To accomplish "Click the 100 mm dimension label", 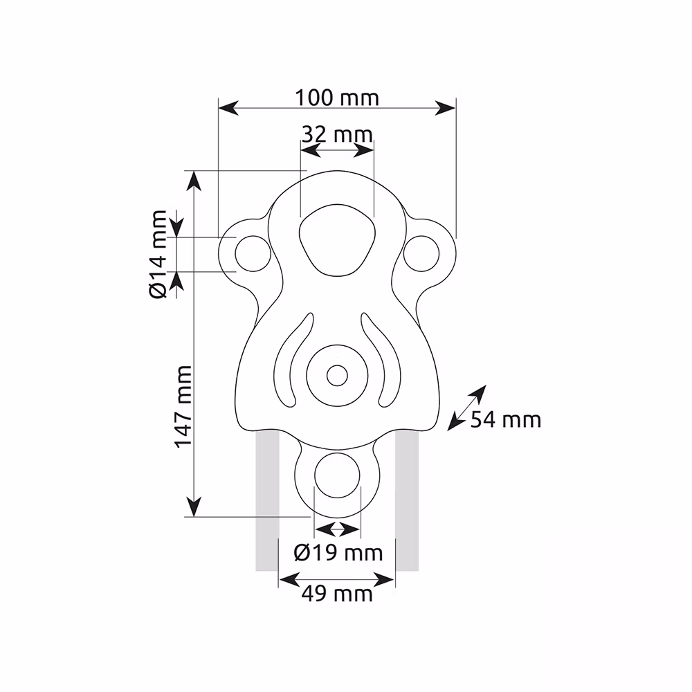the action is [x=337, y=98].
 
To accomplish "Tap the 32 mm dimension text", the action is [x=337, y=134].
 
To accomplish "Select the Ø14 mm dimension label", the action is [x=158, y=255].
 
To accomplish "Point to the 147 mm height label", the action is [x=183, y=406].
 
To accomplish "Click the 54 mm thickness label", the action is [x=506, y=419].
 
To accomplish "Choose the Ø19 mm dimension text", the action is [x=338, y=552].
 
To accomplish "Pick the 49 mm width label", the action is [x=337, y=594].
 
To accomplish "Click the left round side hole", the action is [x=253, y=254].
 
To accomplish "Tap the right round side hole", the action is [x=421, y=254].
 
